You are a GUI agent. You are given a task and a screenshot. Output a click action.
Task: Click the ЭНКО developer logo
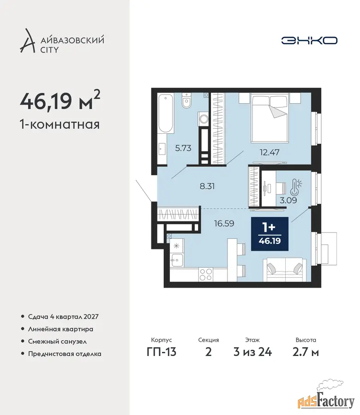tap(309, 41)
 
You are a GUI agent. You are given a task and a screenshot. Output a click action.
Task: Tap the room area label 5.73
tap(183, 148)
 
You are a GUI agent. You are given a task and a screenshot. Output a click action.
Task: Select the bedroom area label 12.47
tap(270, 152)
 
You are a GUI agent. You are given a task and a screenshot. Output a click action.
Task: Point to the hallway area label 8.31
tap(207, 186)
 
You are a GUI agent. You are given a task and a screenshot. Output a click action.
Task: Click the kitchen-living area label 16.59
tap(224, 223)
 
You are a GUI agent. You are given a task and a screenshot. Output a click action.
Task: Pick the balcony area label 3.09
tap(288, 200)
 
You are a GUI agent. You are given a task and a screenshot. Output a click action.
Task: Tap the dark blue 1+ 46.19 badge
tap(270, 234)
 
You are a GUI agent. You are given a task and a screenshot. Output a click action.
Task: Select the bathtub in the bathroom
tap(165, 113)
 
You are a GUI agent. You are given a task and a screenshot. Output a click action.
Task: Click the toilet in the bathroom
tap(186, 101)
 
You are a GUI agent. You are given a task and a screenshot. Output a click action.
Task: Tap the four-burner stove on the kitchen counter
tap(206, 274)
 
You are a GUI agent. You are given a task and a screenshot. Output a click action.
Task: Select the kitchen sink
tap(176, 260)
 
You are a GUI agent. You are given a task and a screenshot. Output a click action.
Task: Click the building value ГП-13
tap(162, 352)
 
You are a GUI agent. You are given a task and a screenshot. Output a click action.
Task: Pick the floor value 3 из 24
tap(253, 352)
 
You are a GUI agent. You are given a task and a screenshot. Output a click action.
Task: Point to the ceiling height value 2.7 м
tap(306, 352)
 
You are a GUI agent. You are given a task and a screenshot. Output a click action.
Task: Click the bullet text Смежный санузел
tap(57, 341)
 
